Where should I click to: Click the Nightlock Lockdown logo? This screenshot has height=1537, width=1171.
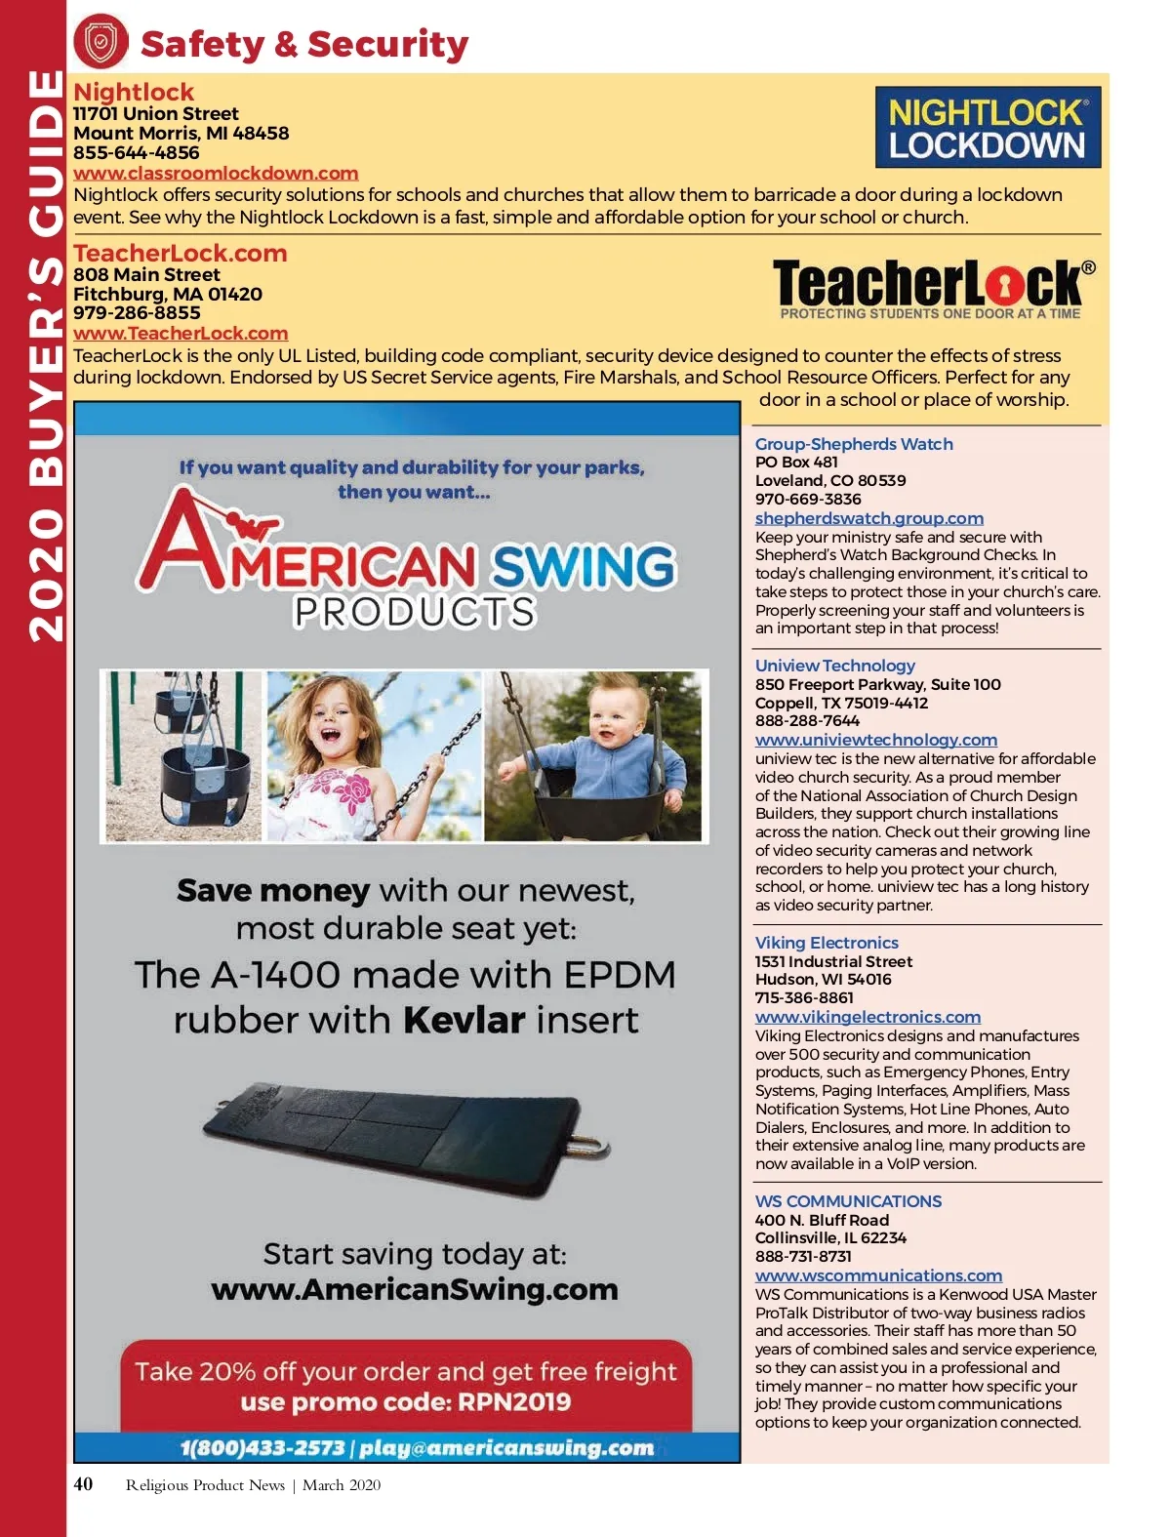pos(988,128)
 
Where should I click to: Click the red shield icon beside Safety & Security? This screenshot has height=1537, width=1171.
pos(101,42)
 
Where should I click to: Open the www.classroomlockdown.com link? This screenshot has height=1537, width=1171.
pos(216,174)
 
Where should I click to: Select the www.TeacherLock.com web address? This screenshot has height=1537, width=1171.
pos(181,334)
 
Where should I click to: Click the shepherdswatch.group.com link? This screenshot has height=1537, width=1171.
pos(868,518)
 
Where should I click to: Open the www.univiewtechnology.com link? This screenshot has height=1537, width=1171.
pos(875,740)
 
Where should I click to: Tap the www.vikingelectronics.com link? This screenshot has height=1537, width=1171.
pos(868,1017)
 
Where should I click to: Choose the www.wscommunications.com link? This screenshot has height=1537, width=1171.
pos(878,1275)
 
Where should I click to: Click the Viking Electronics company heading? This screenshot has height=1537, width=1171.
pos(827,943)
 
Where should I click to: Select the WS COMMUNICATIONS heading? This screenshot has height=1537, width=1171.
pos(848,1201)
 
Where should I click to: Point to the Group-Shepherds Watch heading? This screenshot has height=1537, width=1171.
pos(854,444)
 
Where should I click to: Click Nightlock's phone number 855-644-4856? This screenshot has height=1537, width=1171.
pos(136,153)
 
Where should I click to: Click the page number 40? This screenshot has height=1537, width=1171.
pos(84,1484)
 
